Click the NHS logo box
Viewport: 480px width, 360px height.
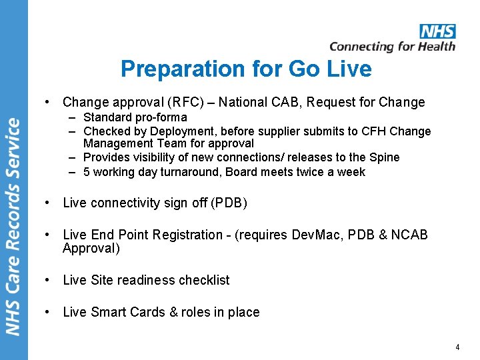[x=437, y=31]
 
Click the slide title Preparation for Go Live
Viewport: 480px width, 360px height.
[x=246, y=69]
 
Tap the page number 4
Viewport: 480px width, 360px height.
[x=457, y=347]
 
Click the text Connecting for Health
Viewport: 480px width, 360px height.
[x=392, y=47]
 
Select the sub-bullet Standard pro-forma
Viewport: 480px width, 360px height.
[x=135, y=117]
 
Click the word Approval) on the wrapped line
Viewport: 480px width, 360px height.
[x=91, y=249]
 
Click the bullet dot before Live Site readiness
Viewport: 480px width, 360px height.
[x=48, y=281]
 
